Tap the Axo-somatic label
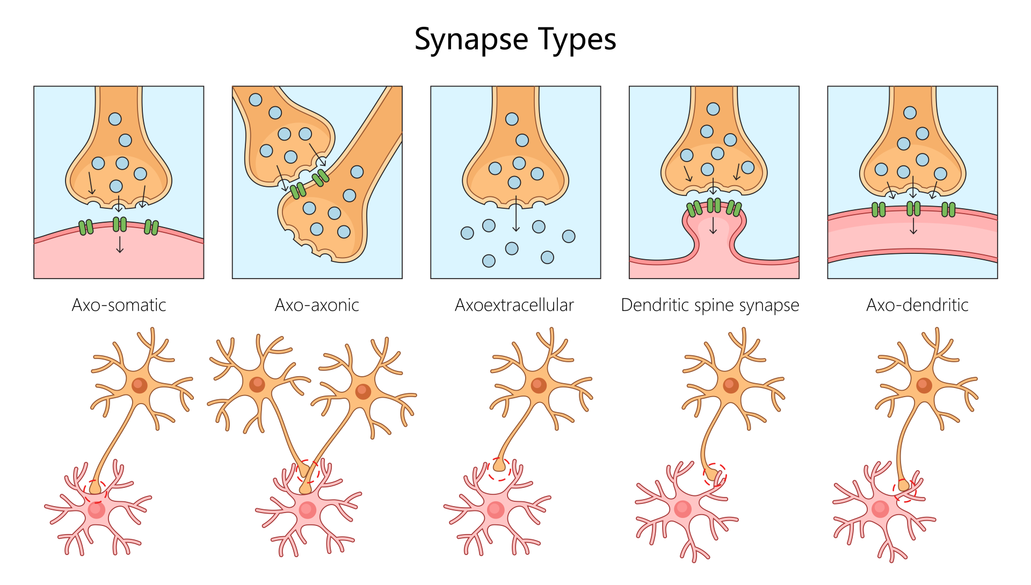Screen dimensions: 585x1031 [119, 305]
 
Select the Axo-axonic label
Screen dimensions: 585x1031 [317, 305]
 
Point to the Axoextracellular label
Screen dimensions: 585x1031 [514, 305]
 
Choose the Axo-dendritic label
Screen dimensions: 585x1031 [917, 305]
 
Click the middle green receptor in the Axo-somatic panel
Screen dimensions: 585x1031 [120, 224]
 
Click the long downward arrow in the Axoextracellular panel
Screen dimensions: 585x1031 [516, 214]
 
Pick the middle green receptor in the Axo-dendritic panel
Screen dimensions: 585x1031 [913, 208]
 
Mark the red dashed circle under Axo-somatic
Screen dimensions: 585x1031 [96, 490]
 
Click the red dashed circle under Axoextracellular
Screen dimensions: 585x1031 [499, 469]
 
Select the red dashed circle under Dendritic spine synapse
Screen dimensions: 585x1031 [715, 474]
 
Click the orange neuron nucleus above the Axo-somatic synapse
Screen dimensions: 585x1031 [140, 385]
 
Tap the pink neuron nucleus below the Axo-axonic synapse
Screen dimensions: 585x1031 [308, 509]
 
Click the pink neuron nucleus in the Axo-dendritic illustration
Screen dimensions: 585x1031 [881, 508]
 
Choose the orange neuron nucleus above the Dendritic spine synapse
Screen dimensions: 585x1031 [731, 385]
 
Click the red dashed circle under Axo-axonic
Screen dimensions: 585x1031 [308, 471]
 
